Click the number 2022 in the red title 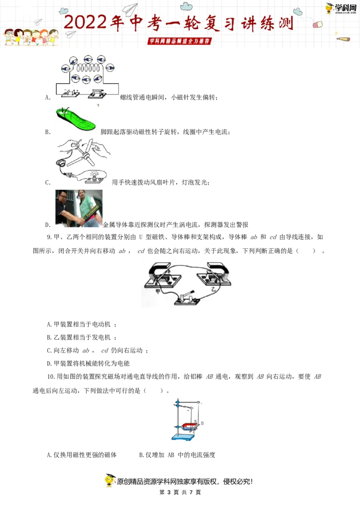[x=85, y=22]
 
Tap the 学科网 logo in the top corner [x=341, y=8]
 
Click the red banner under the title [x=180, y=41]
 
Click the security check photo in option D [x=79, y=208]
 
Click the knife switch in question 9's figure [x=186, y=298]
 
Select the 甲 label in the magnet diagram [x=158, y=291]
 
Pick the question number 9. [x=49, y=237]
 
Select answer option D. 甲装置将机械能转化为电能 [x=88, y=363]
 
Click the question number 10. [x=51, y=376]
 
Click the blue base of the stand [x=183, y=437]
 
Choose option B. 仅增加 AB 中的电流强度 [x=177, y=455]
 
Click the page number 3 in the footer [x=169, y=492]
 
